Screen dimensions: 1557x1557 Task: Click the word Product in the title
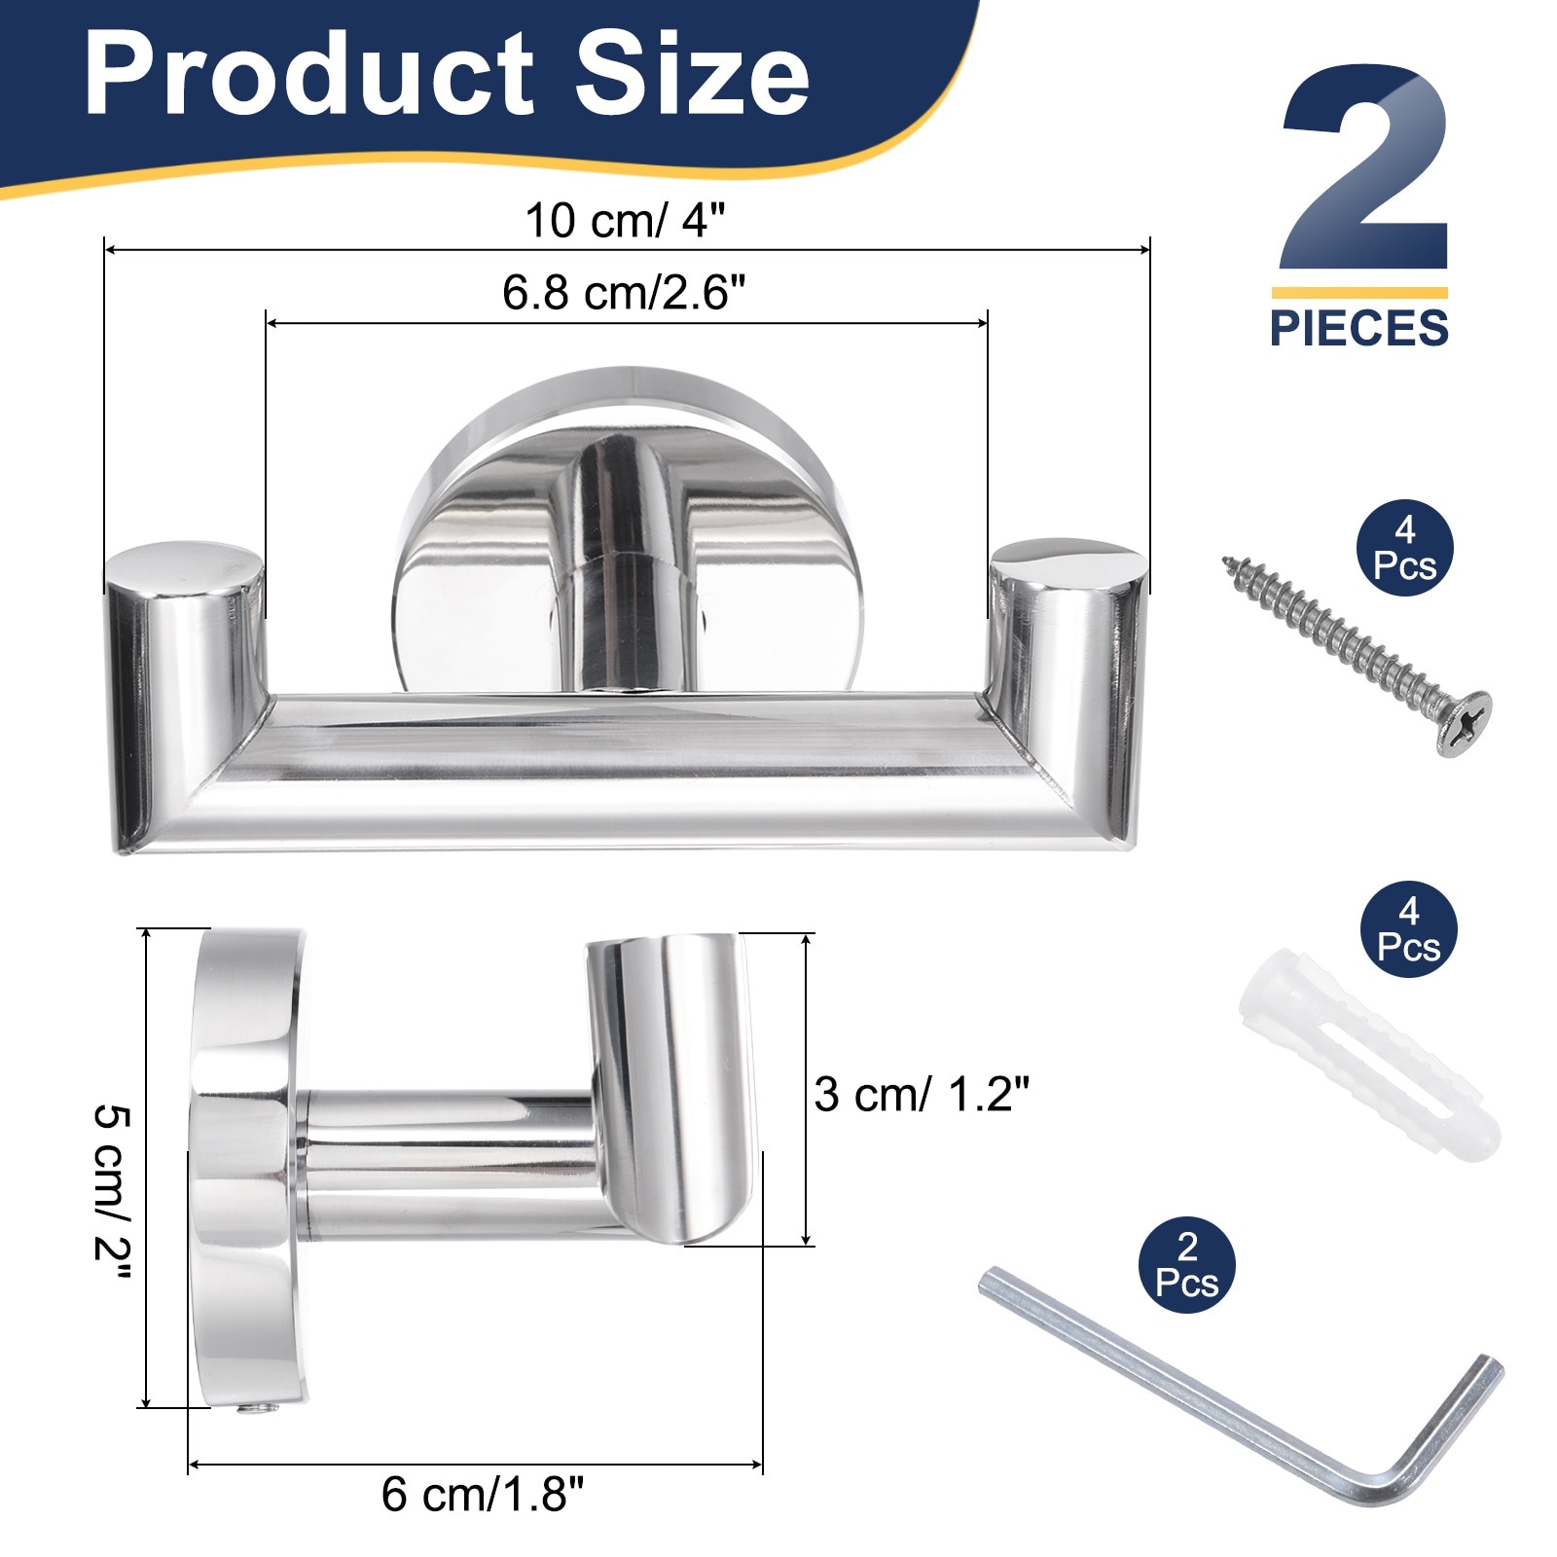(x=309, y=74)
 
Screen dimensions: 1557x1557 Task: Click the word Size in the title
(x=692, y=74)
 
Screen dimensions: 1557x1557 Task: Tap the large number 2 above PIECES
(x=1364, y=167)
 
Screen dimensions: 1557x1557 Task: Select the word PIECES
(x=1359, y=328)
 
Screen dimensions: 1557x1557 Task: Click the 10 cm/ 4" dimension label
(x=626, y=220)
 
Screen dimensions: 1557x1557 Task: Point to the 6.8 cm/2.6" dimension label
(x=624, y=292)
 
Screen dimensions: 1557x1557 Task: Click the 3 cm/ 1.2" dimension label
(x=922, y=1095)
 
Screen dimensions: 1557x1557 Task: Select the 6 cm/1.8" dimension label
(x=483, y=1494)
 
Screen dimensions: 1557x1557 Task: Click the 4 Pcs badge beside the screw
(x=1404, y=549)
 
